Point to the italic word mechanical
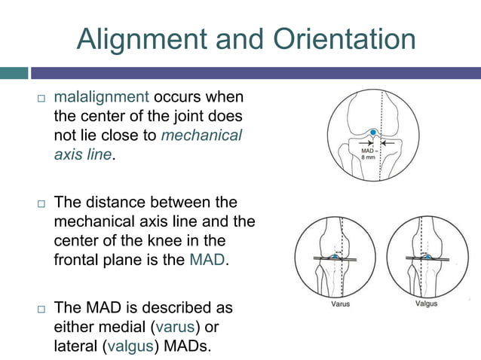pyautogui.click(x=201, y=136)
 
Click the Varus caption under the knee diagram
pyautogui.click(x=340, y=304)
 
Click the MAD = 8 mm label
pyautogui.click(x=364, y=154)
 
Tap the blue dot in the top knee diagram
pyautogui.click(x=372, y=133)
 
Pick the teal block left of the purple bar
pyautogui.click(x=14, y=73)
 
